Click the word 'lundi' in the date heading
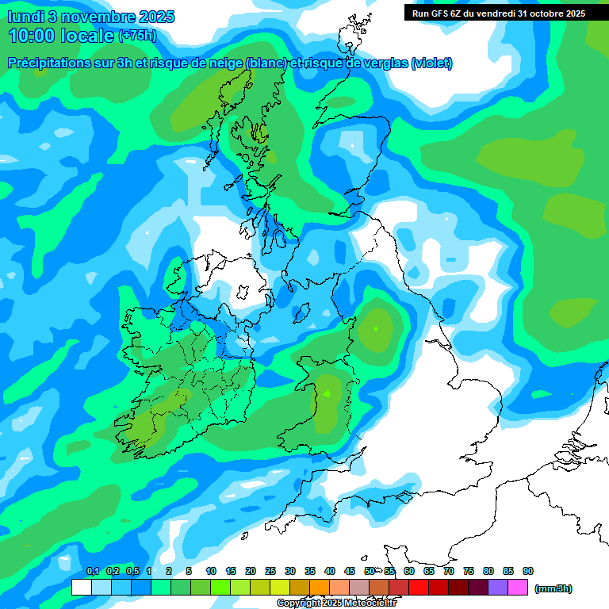coord(26,17)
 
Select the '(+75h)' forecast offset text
coord(137,36)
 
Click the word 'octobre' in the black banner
coord(543,13)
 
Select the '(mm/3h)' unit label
coord(553,588)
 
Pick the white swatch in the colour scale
coord(81,588)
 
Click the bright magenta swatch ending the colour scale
coord(518,588)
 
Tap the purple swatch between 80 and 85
coord(498,588)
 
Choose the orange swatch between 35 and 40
coord(320,588)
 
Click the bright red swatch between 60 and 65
coord(419,588)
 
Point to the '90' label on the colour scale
coord(528,572)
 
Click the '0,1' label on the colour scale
coord(93,572)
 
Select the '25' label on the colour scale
coord(270,572)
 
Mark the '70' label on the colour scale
coord(449,572)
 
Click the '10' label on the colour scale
coord(211,572)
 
